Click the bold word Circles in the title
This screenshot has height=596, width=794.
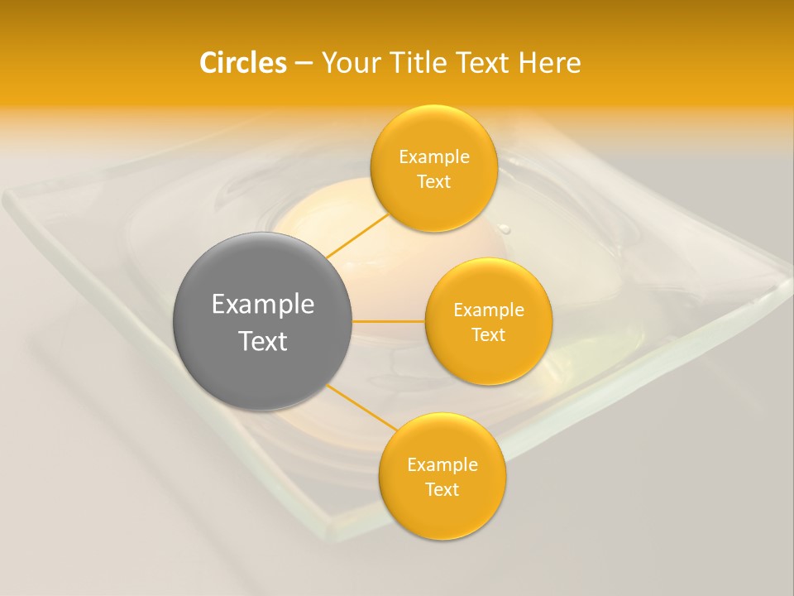click(x=242, y=63)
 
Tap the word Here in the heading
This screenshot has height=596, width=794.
click(x=549, y=63)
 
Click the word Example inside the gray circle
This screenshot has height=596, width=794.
click(x=263, y=305)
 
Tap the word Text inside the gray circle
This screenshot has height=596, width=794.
click(x=263, y=341)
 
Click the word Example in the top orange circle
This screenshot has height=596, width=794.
click(x=433, y=156)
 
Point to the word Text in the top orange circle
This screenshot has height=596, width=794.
click(x=433, y=181)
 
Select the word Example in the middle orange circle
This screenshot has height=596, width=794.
click(x=488, y=310)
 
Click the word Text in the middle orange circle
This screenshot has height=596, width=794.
click(x=488, y=334)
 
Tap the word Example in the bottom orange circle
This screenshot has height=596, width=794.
click(x=442, y=464)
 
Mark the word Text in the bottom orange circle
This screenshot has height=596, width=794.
click(x=442, y=489)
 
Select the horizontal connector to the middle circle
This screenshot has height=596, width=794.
click(x=389, y=321)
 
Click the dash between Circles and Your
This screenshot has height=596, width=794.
click(x=303, y=64)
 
